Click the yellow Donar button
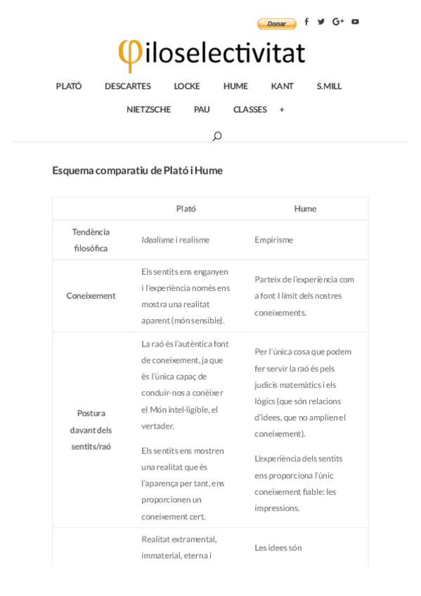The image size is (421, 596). [x=276, y=24]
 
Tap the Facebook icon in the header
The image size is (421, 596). [x=306, y=22]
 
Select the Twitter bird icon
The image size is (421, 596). [x=321, y=22]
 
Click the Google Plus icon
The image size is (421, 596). [x=338, y=22]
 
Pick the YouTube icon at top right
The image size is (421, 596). [x=355, y=22]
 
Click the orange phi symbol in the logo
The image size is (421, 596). [x=129, y=54]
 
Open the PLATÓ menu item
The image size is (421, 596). [x=69, y=86]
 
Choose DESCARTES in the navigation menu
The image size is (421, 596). [x=128, y=86]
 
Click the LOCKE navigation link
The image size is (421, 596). [x=187, y=86]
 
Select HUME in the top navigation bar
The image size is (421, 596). [x=235, y=86]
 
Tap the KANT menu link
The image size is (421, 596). [x=282, y=86]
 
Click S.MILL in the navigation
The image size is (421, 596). [x=329, y=86]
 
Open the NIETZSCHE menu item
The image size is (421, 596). [x=148, y=110]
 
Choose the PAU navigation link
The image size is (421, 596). [x=202, y=110]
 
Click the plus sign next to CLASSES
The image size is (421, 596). [x=282, y=110]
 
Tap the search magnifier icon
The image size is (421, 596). [x=217, y=136]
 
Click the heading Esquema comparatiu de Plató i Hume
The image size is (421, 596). [x=137, y=171]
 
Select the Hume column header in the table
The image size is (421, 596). [x=305, y=209]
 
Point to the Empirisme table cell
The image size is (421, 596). [x=273, y=240]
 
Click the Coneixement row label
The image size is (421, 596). [x=91, y=296]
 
